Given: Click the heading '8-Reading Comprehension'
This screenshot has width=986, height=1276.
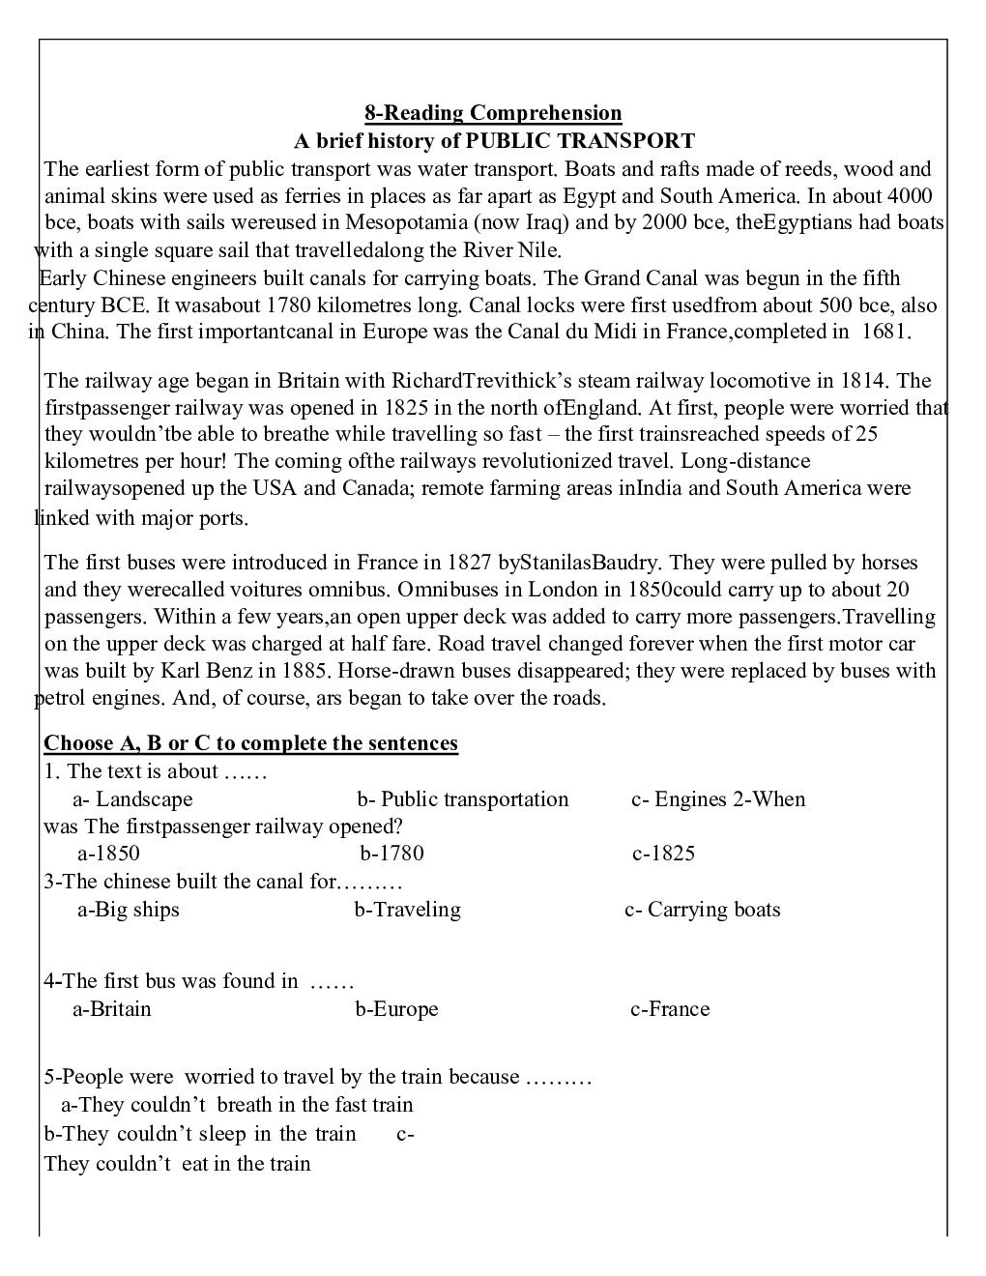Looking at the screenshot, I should point(493,113).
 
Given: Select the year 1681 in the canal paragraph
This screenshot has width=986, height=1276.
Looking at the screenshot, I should point(884,332).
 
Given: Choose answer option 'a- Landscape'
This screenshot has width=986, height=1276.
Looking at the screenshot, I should point(132,799).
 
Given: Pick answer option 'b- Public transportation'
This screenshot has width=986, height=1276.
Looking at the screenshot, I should point(463,799).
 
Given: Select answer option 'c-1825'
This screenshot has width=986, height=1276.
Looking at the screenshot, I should point(664,854).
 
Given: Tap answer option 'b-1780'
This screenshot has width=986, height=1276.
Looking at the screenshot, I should point(391,854).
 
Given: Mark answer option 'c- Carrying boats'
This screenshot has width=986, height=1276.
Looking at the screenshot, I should point(703,910).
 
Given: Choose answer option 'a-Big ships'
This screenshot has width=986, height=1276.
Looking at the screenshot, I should point(129,910).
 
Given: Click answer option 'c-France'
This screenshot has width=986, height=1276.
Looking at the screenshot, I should point(670,1009).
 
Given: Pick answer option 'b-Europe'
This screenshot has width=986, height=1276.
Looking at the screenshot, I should point(396,1009).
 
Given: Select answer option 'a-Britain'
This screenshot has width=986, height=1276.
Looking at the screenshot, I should point(112,1009).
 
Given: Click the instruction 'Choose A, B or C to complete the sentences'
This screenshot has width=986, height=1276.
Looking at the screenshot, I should point(250,743).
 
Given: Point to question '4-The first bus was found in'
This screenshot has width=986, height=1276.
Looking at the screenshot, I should point(171,981).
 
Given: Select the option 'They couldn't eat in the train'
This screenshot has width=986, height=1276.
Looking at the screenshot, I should point(178,1164).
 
